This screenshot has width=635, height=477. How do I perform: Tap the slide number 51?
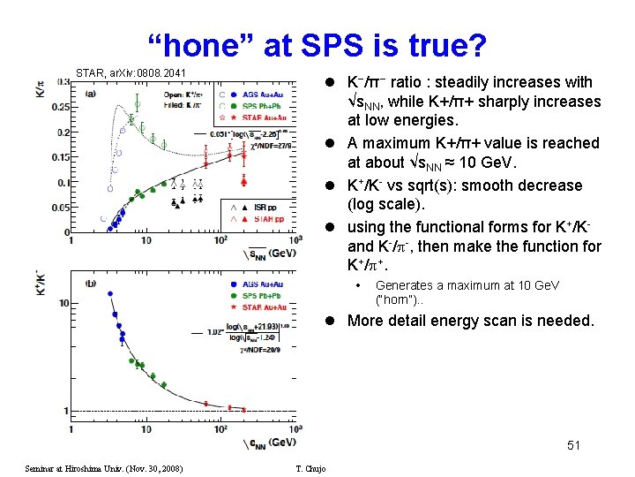coord(573,445)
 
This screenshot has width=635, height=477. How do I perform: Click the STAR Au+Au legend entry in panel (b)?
coord(264,308)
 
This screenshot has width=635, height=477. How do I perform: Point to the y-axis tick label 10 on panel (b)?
coord(63,303)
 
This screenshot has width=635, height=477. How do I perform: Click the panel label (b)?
coord(90,283)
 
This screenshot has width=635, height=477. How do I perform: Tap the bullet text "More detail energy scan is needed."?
coord(470,321)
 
